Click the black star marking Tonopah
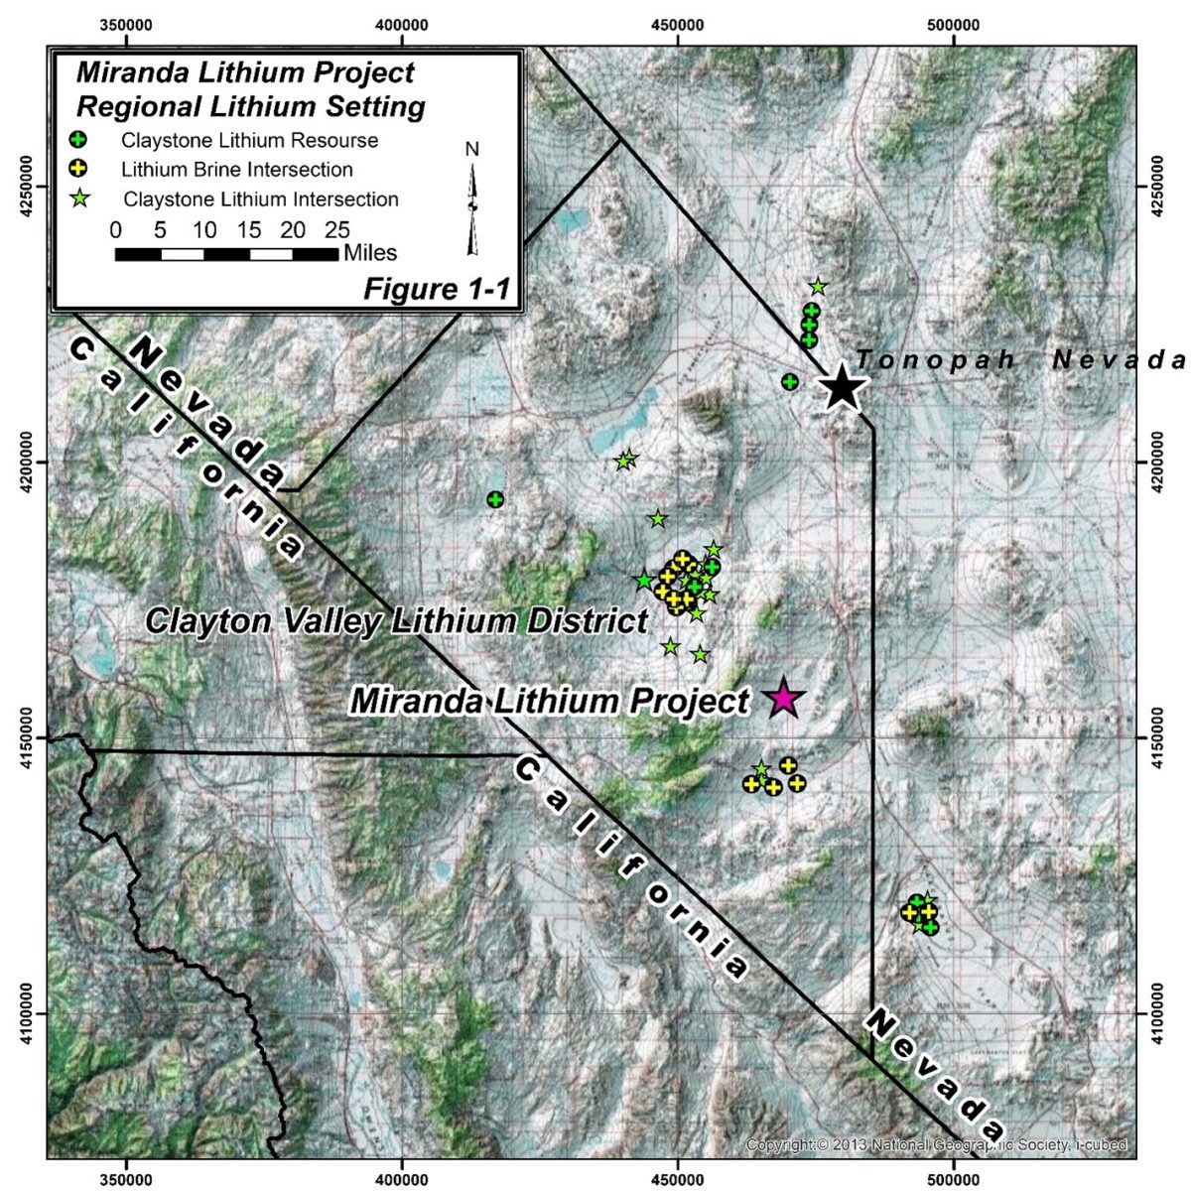click(x=842, y=387)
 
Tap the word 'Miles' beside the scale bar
click(x=370, y=253)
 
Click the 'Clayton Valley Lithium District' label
click(x=396, y=621)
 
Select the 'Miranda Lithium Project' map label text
click(x=550, y=701)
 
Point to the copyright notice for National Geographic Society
click(x=936, y=1144)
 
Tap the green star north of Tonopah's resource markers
click(x=818, y=287)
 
